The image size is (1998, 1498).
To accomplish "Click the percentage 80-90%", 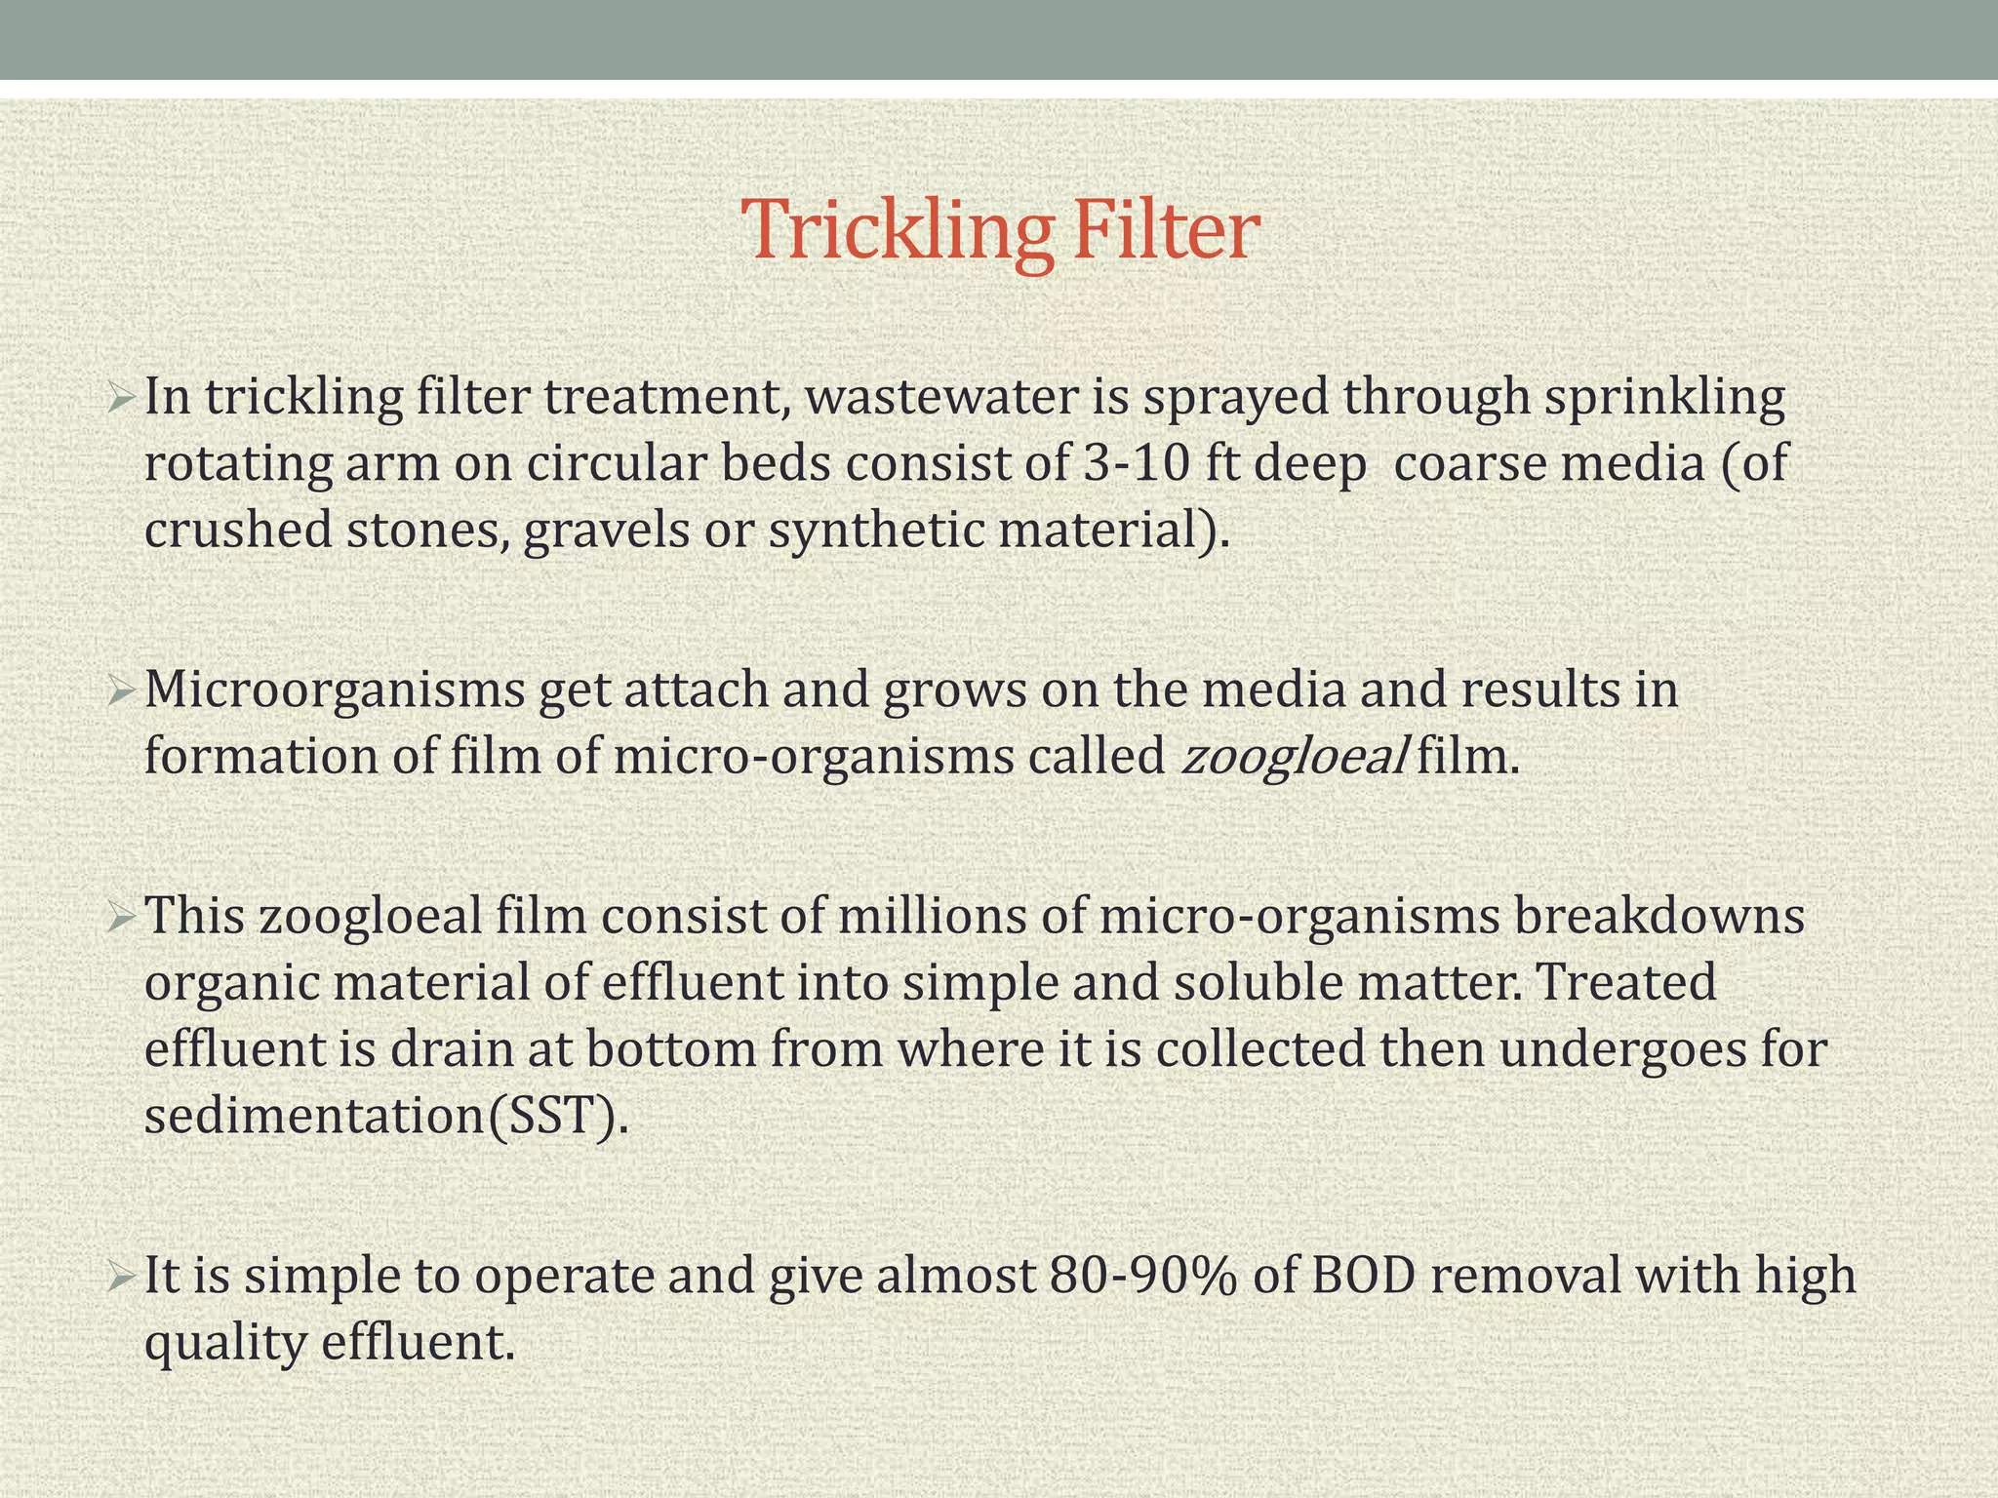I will pyautogui.click(x=1144, y=1276).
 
